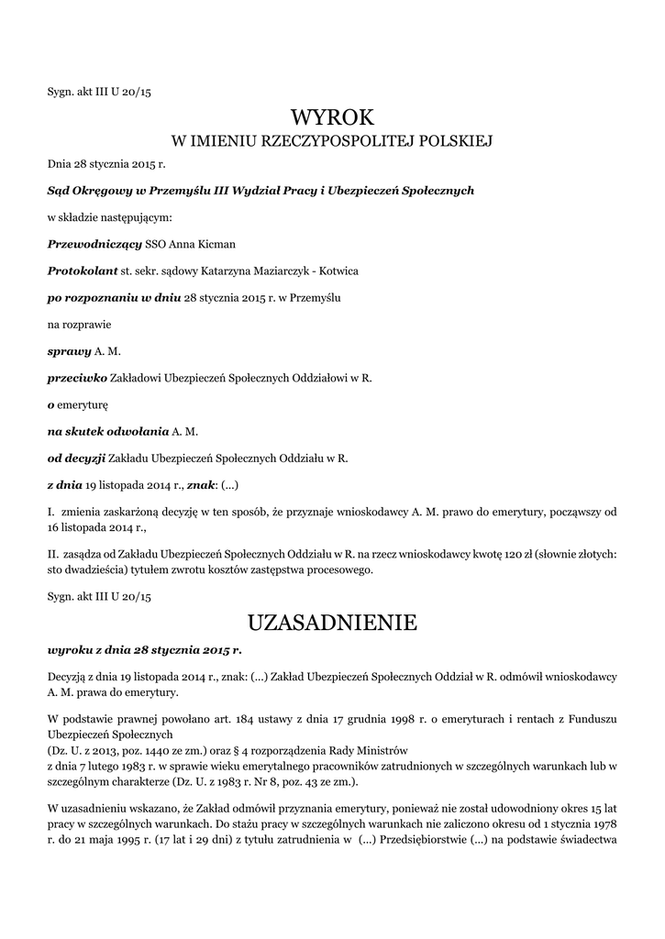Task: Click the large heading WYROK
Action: tap(332, 117)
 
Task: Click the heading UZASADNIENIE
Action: tap(332, 624)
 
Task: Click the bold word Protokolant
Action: tap(82, 271)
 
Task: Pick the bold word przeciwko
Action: tap(77, 377)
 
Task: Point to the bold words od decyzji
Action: tap(76, 457)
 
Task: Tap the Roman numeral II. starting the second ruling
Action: tap(53, 555)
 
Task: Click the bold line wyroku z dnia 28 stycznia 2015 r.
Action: tap(144, 649)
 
